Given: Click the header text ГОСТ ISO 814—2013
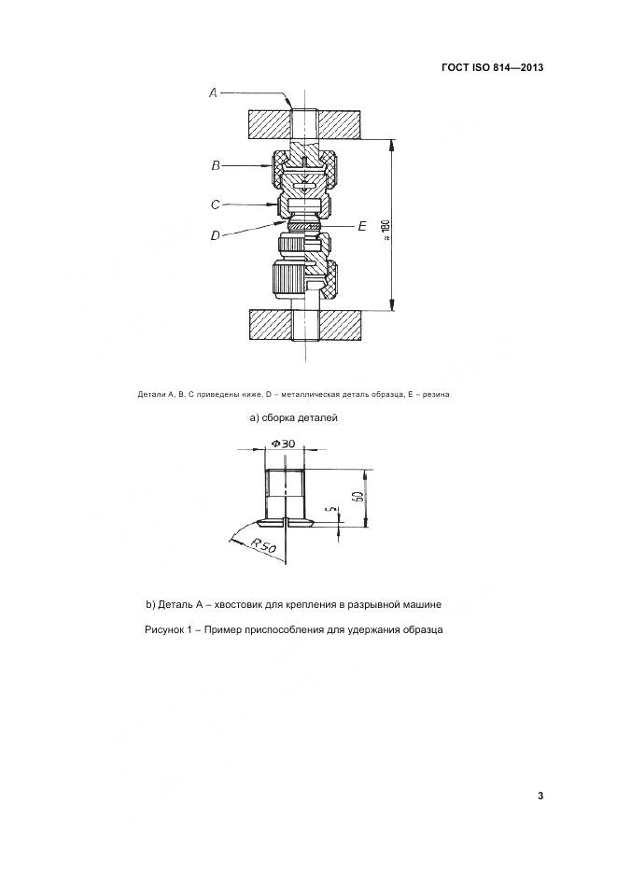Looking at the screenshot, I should pyautogui.click(x=492, y=68).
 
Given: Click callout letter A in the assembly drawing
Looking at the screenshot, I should pyautogui.click(x=213, y=92).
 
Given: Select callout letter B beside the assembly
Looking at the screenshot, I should pyautogui.click(x=215, y=165).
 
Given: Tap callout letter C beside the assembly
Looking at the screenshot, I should pyautogui.click(x=215, y=203).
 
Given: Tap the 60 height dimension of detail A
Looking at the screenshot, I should pyautogui.click(x=358, y=496).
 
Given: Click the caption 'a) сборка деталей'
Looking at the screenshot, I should pyautogui.click(x=293, y=417).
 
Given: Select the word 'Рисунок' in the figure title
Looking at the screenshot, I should pyautogui.click(x=166, y=629).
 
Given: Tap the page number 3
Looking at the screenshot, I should pyautogui.click(x=540, y=796).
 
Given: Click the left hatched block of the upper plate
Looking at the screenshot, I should pyautogui.click(x=268, y=123).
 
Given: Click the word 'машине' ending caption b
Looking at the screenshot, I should pyautogui.click(x=420, y=604).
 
